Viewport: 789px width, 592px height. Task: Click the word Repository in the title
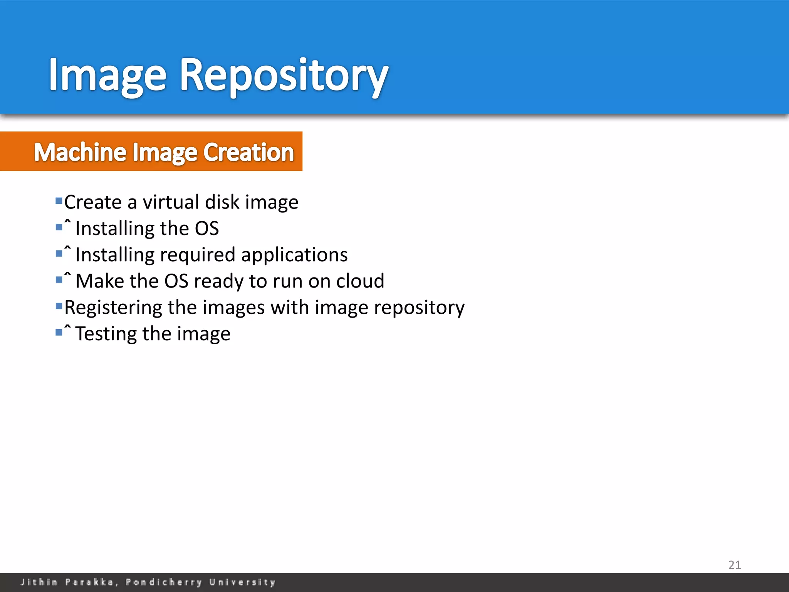pyautogui.click(x=284, y=75)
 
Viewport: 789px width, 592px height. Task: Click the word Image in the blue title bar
pyautogui.click(x=107, y=75)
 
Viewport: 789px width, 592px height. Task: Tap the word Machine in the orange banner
pyautogui.click(x=80, y=152)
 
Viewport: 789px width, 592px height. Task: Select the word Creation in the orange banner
pyautogui.click(x=248, y=152)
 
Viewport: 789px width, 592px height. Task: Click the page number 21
pyautogui.click(x=734, y=565)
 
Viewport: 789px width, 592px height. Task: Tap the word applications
pyautogui.click(x=294, y=255)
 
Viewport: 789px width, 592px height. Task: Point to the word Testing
pyautogui.click(x=106, y=334)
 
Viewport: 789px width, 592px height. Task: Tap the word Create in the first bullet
pyautogui.click(x=93, y=202)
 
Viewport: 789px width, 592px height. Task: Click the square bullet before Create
pyautogui.click(x=59, y=201)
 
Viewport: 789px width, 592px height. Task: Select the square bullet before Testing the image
pyautogui.click(x=59, y=332)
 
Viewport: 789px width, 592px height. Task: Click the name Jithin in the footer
pyautogui.click(x=39, y=582)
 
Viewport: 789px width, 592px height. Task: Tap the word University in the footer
pyautogui.click(x=242, y=582)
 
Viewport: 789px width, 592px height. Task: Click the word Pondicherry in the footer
pyautogui.click(x=164, y=582)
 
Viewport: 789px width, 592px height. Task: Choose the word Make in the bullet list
pyautogui.click(x=100, y=281)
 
